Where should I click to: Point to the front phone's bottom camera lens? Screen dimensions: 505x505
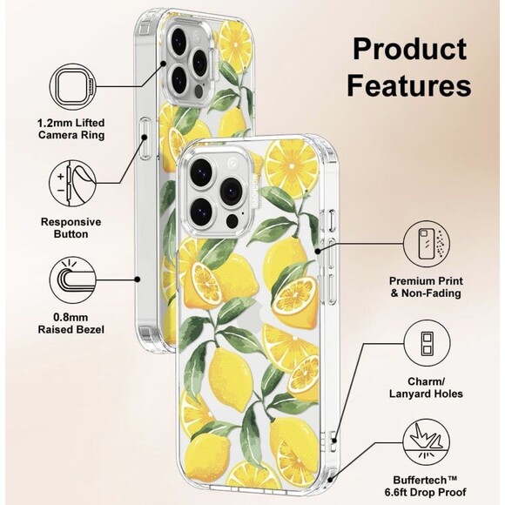[x=202, y=210]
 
